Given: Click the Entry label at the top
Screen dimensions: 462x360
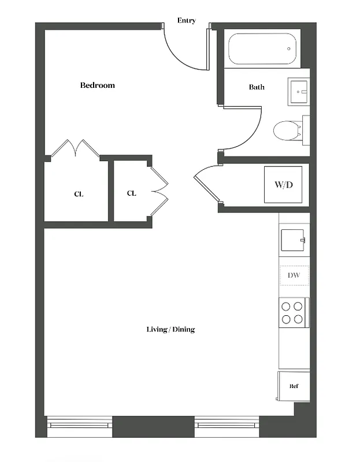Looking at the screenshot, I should [x=186, y=21].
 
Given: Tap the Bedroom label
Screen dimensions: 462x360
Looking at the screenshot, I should [x=97, y=85].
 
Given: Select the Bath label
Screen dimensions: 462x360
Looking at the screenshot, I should [x=257, y=87].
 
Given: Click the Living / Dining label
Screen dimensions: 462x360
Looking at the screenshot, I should [x=170, y=329].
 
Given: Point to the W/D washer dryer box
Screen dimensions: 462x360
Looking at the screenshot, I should [x=283, y=185].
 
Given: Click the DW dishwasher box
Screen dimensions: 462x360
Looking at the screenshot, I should [x=294, y=276].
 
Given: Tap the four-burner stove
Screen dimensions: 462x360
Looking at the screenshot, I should [x=293, y=312].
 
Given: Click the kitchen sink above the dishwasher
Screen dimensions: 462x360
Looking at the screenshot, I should [x=292, y=239].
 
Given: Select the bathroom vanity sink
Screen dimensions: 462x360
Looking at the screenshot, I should [x=300, y=91].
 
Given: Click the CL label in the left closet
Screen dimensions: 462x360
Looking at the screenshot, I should [x=79, y=195].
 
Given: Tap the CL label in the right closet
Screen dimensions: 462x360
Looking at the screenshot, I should [x=131, y=193].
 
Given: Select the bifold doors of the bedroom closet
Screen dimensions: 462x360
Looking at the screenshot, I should [x=75, y=148].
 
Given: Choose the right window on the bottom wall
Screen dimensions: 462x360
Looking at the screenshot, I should [x=227, y=426].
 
